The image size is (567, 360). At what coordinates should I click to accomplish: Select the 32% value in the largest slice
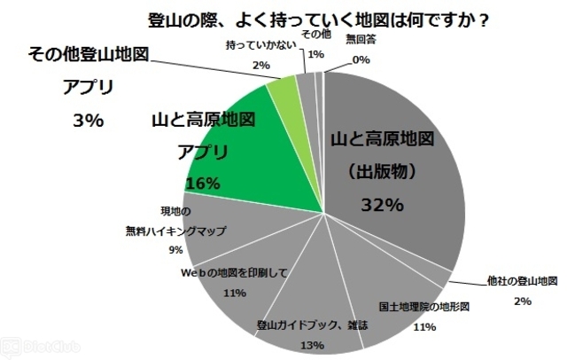coord(382,204)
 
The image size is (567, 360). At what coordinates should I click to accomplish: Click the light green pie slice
coord(283,89)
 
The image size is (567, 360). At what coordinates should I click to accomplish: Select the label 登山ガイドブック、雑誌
coord(313,325)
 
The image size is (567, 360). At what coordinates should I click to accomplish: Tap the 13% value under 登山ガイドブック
coord(313,344)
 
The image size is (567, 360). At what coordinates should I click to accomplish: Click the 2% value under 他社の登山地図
coord(522,301)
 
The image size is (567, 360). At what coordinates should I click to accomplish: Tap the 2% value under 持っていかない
coord(260,65)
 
